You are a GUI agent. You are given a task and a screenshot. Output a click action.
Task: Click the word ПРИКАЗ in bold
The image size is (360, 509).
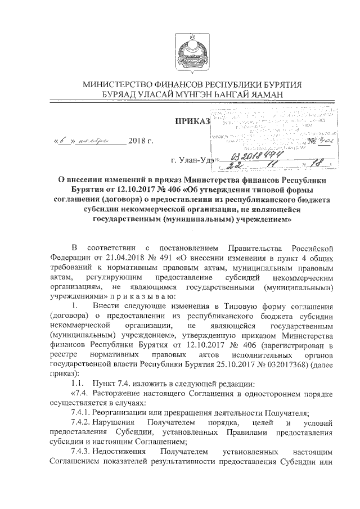click(x=192, y=120)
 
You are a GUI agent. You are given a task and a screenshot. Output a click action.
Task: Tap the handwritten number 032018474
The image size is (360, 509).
click(x=255, y=155)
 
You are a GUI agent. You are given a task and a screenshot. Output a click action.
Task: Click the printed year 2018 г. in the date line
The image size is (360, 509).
click(x=141, y=139)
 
